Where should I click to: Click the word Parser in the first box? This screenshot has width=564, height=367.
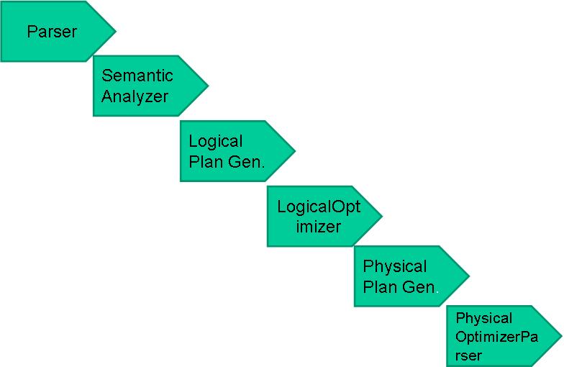click(x=52, y=32)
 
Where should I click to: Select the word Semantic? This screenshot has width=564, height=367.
click(x=137, y=76)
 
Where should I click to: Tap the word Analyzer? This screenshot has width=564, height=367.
click(x=135, y=96)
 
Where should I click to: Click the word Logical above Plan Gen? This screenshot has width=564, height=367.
click(x=216, y=141)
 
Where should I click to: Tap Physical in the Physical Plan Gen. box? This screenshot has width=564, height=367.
click(x=395, y=267)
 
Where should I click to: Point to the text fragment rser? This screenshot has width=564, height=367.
click(x=468, y=355)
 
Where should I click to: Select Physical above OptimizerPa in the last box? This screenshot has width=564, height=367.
click(x=484, y=318)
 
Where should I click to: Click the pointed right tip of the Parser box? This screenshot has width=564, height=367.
click(x=115, y=31)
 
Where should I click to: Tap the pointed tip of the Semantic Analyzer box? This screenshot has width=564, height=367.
click(x=208, y=86)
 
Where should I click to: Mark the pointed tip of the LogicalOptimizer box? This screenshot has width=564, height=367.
click(x=381, y=216)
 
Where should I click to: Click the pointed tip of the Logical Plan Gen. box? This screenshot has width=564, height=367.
click(x=295, y=151)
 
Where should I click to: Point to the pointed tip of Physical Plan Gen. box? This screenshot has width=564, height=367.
click(x=469, y=276)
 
